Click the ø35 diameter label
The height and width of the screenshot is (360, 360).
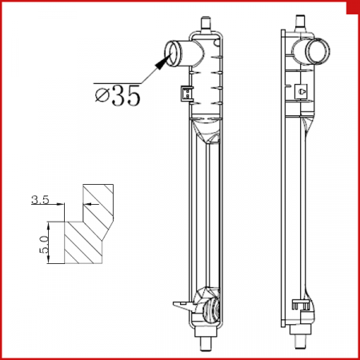(118, 95)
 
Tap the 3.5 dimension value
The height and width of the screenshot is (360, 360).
(40, 200)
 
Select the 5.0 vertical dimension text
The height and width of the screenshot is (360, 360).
(44, 244)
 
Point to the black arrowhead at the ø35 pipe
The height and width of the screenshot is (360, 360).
(161, 62)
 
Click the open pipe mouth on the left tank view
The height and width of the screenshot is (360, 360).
(171, 54)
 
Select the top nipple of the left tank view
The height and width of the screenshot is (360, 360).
(206, 24)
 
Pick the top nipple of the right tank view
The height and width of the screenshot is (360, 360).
(301, 22)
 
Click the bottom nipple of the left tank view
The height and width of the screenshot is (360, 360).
(206, 344)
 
